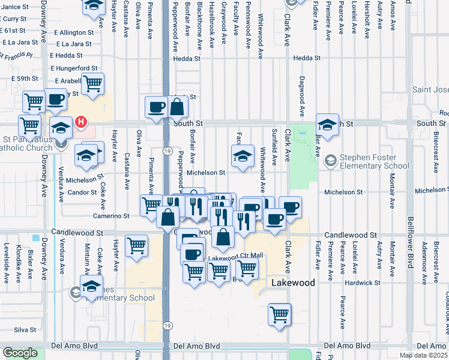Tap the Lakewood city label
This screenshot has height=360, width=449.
click(293, 283)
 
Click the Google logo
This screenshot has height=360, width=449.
click(19, 353)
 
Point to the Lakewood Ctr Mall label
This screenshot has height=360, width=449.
click(236, 256)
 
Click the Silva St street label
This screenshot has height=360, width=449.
click(25, 329)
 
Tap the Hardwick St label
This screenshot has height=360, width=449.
click(363, 283)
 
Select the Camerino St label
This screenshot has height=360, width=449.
click(111, 215)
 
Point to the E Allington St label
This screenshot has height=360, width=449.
click(74, 32)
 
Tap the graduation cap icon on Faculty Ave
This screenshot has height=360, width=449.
click(242, 157)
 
